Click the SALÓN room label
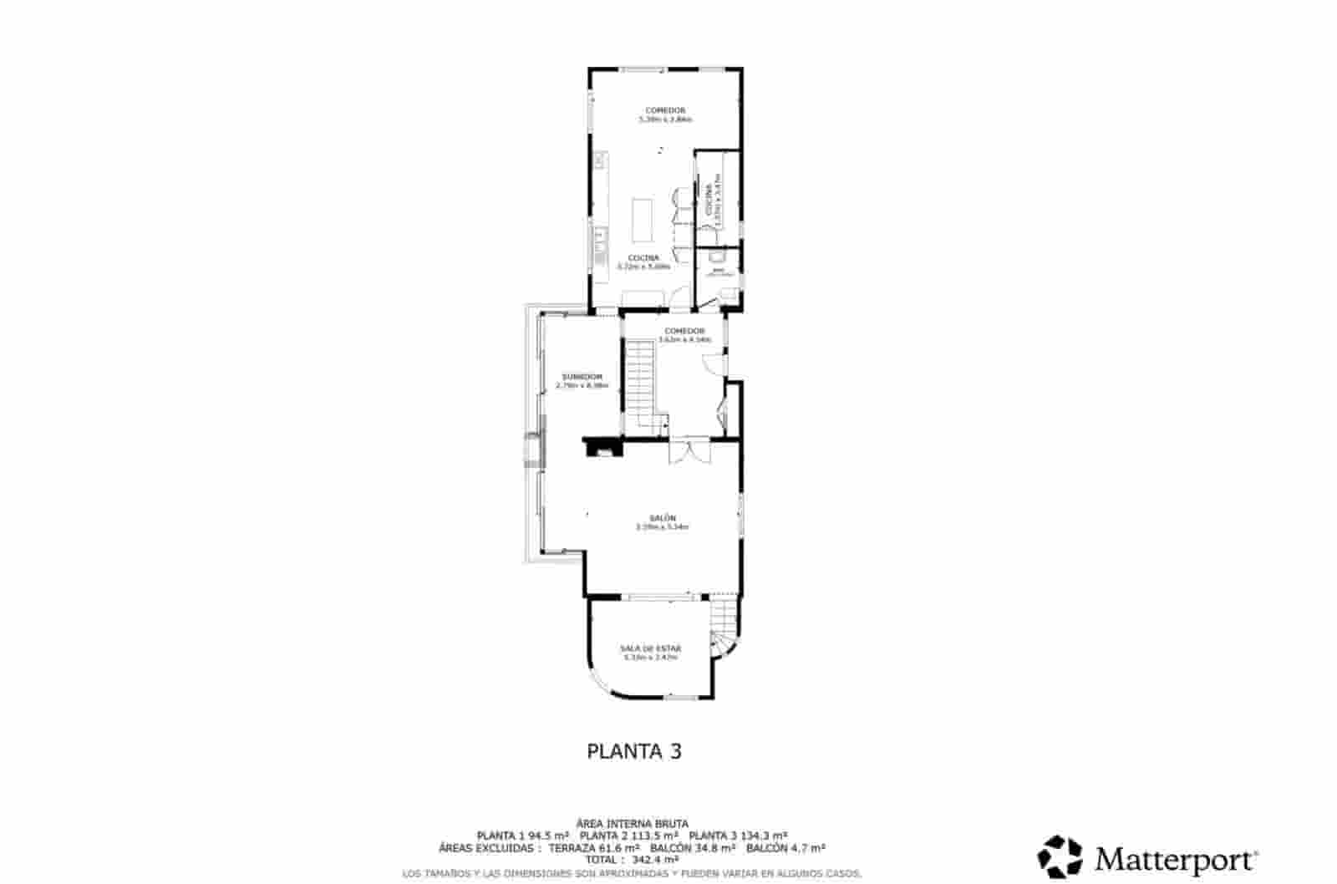[x=661, y=518]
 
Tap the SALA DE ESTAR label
[x=650, y=648]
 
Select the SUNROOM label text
[x=582, y=377]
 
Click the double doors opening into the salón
[x=689, y=451]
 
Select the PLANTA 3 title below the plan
[x=634, y=751]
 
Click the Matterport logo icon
[x=1060, y=857]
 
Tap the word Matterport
[x=1177, y=859]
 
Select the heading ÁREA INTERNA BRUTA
[x=633, y=824]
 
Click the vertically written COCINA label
[x=709, y=201]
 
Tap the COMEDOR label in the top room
[x=665, y=110]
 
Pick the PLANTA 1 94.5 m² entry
[x=523, y=836]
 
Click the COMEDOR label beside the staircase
[x=684, y=331]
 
